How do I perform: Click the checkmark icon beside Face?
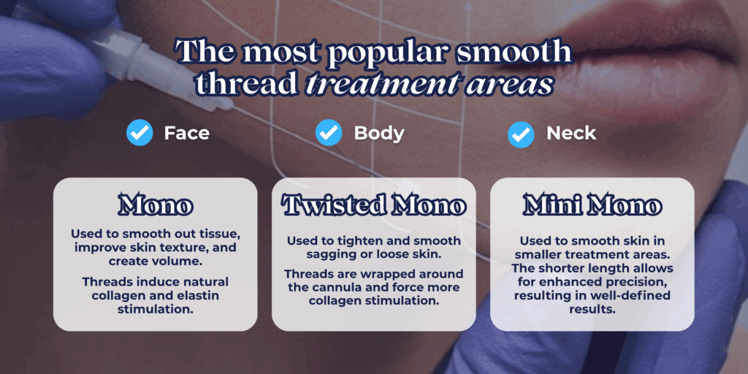(x=140, y=133)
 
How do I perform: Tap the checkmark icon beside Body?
(x=329, y=133)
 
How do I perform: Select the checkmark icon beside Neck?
(x=521, y=134)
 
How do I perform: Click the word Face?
(x=186, y=133)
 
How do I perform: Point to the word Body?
(x=379, y=134)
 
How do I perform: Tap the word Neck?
(x=571, y=133)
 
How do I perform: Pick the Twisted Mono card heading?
(x=373, y=205)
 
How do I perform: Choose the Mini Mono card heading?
(x=592, y=205)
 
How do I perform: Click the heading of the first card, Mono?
(x=155, y=205)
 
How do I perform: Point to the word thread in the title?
(x=243, y=85)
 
